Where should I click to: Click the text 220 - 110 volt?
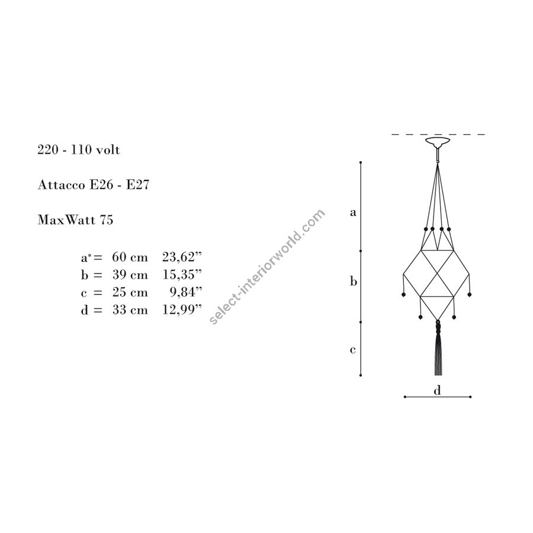pyautogui.click(x=79, y=150)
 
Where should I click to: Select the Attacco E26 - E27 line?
pyautogui.click(x=94, y=185)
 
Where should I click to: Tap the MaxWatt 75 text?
pyautogui.click(x=75, y=220)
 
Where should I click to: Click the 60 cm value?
pyautogui.click(x=130, y=258)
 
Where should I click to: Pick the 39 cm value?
pyautogui.click(x=130, y=275)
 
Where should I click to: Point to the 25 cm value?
pyautogui.click(x=130, y=293)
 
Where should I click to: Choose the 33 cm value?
pyautogui.click(x=130, y=310)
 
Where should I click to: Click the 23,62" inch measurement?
pyautogui.click(x=182, y=258)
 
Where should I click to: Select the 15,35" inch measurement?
pyautogui.click(x=182, y=275)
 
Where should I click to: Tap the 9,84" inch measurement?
pyautogui.click(x=186, y=293)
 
